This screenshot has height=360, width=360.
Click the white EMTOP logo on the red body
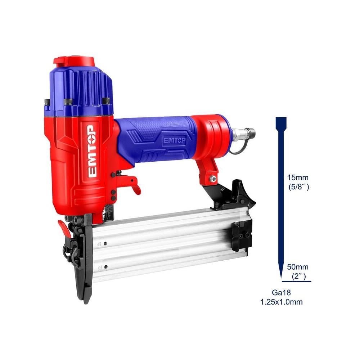pyautogui.click(x=92, y=150)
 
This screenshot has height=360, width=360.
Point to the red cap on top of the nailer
pyautogui.click(x=74, y=61)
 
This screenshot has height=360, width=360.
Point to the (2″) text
pyautogui.click(x=298, y=276)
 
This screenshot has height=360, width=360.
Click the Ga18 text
pyautogui.click(x=281, y=293)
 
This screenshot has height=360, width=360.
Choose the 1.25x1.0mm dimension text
pyautogui.click(x=281, y=302)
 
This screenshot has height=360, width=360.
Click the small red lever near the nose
pyautogui.click(x=63, y=226)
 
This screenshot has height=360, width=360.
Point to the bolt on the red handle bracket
pyautogui.click(x=213, y=179)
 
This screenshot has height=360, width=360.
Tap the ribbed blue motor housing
pyautogui.click(x=81, y=88)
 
